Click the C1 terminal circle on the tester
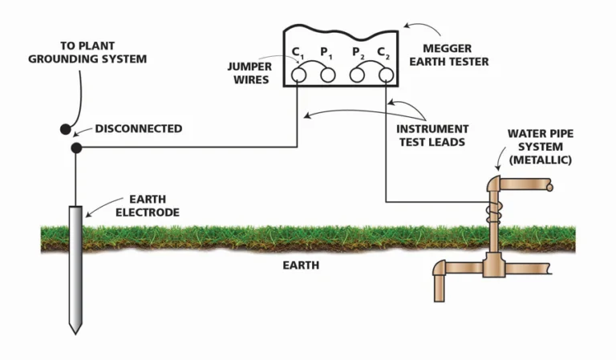pyautogui.click(x=298, y=75)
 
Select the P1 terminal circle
pyautogui.click(x=327, y=75)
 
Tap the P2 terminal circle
pyautogui.click(x=358, y=75)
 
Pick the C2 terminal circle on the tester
pyautogui.click(x=386, y=75)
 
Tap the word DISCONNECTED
pyautogui.click(x=139, y=128)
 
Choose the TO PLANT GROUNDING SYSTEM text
pyautogui.click(x=103, y=53)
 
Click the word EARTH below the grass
pyautogui.click(x=300, y=265)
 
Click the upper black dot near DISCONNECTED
pyautogui.click(x=65, y=129)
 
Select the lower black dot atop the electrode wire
pyautogui.click(x=75, y=148)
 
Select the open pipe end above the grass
pyautogui.click(x=550, y=187)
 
